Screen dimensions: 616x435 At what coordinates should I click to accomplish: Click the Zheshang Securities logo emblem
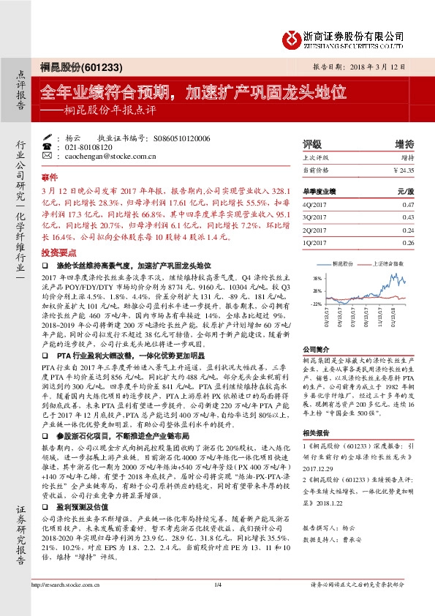(x=293, y=37)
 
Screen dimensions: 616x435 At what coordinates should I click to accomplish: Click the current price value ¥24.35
(x=404, y=170)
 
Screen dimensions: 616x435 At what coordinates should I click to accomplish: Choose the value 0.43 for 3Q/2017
(x=408, y=217)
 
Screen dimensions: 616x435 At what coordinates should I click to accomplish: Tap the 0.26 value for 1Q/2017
(x=408, y=241)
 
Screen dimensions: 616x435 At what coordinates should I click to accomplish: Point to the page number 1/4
(x=217, y=585)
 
